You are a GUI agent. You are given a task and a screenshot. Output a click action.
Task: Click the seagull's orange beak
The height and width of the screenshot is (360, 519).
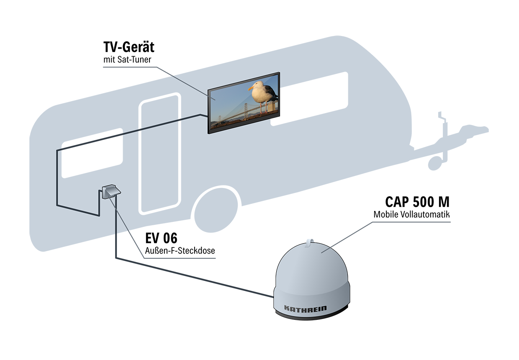click(x=251, y=88)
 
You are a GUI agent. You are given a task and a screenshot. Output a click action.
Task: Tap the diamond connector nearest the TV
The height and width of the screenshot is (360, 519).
click(x=180, y=120)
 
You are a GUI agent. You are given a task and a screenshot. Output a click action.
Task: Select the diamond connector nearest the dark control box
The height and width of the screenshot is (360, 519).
click(x=140, y=130)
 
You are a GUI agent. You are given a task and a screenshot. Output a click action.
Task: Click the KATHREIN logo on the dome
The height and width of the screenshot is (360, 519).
click(x=305, y=309)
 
